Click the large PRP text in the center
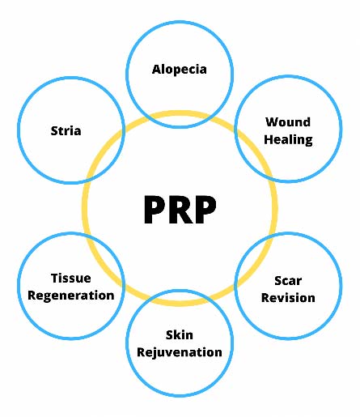[180, 210]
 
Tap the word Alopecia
[180, 70]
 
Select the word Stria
[66, 130]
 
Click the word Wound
[288, 122]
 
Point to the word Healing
[288, 140]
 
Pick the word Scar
[288, 281]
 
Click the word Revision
[288, 298]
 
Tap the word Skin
[180, 335]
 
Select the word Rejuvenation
[180, 353]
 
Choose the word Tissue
[71, 279]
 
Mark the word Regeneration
[71, 296]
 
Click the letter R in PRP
[180, 210]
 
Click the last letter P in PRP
[205, 210]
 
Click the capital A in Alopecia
[156, 69]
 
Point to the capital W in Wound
[273, 122]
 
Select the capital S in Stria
[54, 130]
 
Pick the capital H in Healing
[269, 139]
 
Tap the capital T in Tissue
[55, 279]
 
